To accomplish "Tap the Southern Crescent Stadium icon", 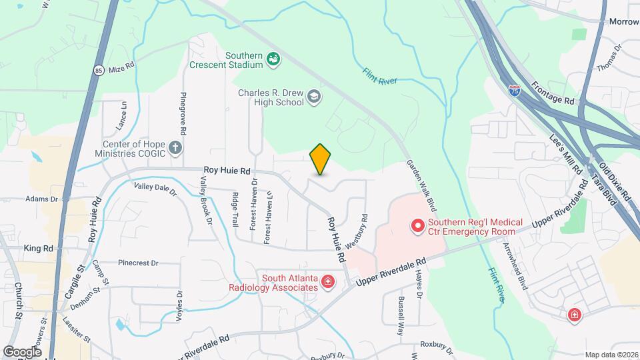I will (x=273, y=60).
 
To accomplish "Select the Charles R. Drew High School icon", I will (x=313, y=98).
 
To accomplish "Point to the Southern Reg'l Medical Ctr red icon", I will (x=418, y=227).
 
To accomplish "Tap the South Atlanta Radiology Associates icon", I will (x=328, y=283).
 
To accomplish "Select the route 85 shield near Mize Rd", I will (x=99, y=69).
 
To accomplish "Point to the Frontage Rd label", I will (x=553, y=93).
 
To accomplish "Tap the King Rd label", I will (x=38, y=248).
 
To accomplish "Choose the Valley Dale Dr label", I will (x=155, y=189).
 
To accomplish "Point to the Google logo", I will (x=22, y=351).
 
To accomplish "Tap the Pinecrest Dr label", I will (x=138, y=263).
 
